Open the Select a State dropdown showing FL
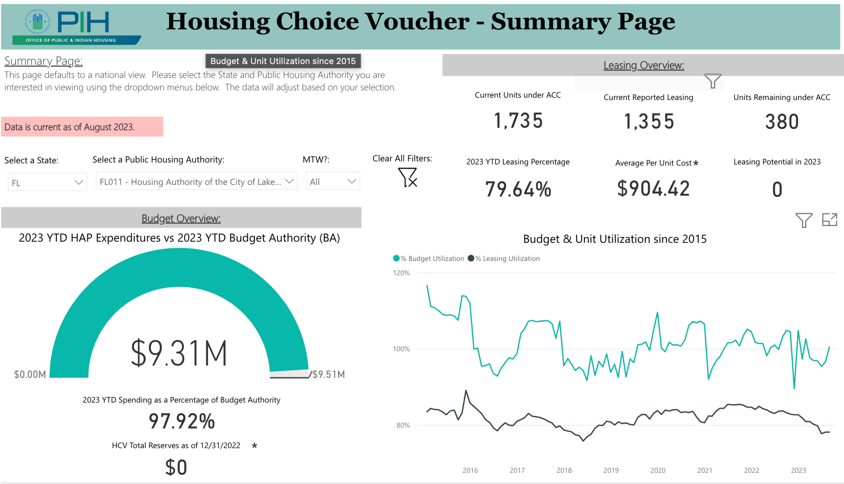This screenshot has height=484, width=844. click(47, 182)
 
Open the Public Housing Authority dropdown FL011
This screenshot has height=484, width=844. click(196, 181)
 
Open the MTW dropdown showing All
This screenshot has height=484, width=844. click(333, 181)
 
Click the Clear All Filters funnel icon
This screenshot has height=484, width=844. click(407, 177)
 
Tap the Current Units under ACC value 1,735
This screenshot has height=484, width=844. click(518, 121)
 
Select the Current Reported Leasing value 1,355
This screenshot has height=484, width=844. click(649, 122)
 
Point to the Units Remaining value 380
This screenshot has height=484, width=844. click(782, 122)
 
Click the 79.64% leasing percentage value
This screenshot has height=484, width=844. click(518, 189)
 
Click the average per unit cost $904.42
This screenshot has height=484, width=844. click(653, 189)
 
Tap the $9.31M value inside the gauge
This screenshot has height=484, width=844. click(179, 353)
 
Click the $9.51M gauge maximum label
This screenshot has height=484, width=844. click(328, 374)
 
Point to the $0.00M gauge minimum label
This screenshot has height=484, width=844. click(30, 374)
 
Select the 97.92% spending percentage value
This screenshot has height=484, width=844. click(182, 421)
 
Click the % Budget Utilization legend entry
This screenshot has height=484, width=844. click(429, 259)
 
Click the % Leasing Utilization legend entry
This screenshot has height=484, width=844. click(504, 259)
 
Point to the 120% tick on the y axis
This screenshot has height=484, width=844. click(401, 273)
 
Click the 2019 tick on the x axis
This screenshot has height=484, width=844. click(611, 470)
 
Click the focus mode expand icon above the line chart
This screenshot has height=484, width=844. click(829, 220)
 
